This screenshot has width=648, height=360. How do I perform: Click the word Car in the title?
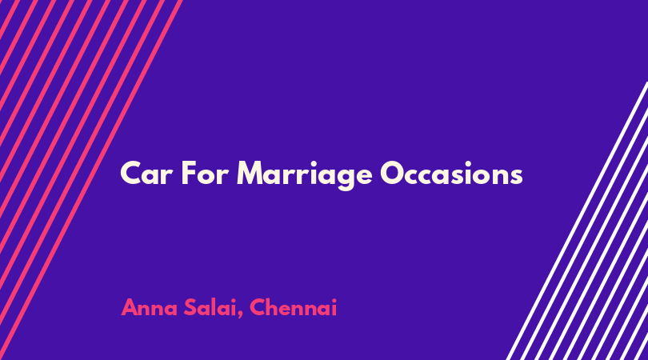pos(146,173)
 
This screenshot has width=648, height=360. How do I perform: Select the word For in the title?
pos(205,173)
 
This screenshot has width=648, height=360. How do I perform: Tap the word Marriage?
pos(305,175)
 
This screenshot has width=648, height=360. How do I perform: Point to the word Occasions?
pos(451,173)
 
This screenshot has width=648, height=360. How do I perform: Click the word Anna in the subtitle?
pos(150,307)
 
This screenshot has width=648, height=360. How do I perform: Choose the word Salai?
pos(210,307)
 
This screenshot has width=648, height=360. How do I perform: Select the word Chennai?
pos(293,307)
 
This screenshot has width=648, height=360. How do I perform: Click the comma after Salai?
pos(241,315)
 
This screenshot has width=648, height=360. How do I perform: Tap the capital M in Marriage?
pos(250,173)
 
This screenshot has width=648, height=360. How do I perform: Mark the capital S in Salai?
pos(190,307)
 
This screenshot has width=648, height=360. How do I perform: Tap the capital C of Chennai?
pos(257,307)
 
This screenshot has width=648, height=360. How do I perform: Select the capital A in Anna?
pos(130,307)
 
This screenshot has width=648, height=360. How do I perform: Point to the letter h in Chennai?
pos(272,307)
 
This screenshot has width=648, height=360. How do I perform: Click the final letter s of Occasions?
pos(517,176)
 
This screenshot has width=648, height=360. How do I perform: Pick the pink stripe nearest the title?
pos(91,180)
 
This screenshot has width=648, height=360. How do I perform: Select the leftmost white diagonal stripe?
pos(577,221)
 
